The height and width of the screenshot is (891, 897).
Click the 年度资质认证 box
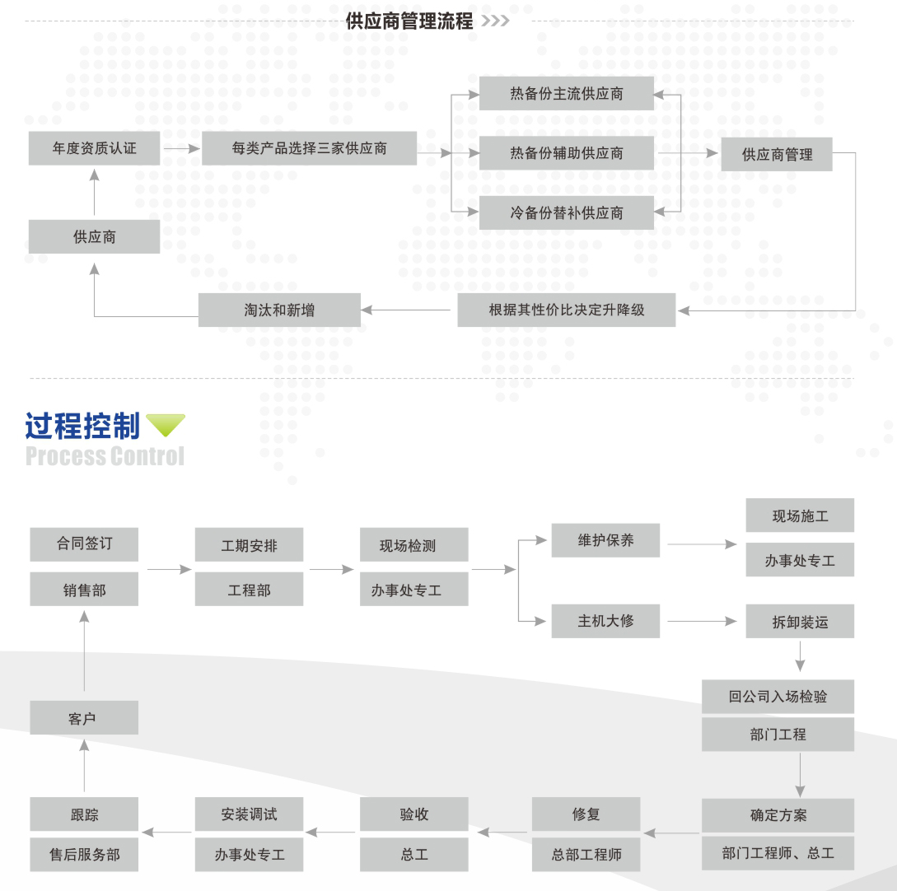click(x=94, y=148)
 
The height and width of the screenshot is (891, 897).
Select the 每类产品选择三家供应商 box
click(x=309, y=148)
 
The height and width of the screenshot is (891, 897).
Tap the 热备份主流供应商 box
click(x=566, y=94)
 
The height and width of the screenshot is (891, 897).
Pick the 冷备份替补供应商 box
click(x=566, y=213)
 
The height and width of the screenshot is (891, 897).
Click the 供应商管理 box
click(x=777, y=154)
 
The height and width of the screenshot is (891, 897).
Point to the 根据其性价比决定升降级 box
click(x=566, y=310)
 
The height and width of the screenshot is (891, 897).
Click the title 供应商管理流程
click(x=409, y=21)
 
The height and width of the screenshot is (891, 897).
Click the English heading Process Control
click(x=105, y=456)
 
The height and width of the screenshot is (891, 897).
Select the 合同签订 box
click(x=84, y=544)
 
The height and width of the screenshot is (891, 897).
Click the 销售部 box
click(x=84, y=590)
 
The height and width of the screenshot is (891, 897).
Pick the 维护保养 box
click(x=605, y=540)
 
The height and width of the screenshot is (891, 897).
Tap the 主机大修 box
click(x=605, y=620)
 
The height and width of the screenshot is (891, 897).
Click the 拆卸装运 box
click(x=800, y=622)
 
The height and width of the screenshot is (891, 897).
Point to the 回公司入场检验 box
click(x=778, y=697)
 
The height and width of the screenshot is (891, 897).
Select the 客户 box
click(x=84, y=718)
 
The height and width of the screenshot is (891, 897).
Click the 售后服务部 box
click(x=84, y=855)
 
